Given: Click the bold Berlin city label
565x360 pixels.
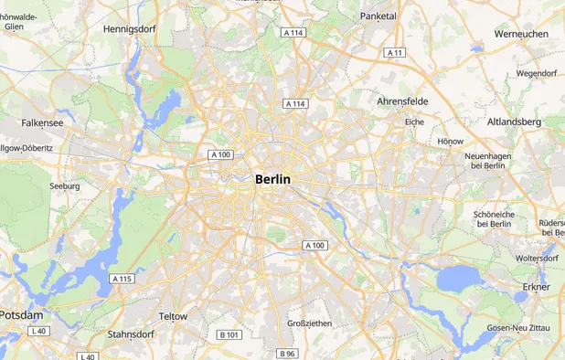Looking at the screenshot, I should pyautogui.click(x=272, y=180).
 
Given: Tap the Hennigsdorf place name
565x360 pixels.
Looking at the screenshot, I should pyautogui.click(x=129, y=29).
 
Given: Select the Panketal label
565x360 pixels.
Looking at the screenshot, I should pyautogui.click(x=378, y=16).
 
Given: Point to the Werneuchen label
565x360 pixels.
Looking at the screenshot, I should pyautogui.click(x=521, y=34).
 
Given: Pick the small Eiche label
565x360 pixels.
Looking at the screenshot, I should pyautogui.click(x=415, y=122).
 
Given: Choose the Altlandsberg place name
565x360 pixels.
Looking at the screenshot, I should pyautogui.click(x=514, y=122).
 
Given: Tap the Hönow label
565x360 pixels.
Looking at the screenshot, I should pyautogui.click(x=451, y=142).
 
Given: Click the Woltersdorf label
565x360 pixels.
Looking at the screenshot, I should pyautogui.click(x=537, y=259).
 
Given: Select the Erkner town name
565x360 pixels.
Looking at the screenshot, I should pyautogui.click(x=536, y=287).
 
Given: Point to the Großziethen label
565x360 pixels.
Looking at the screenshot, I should pyautogui.click(x=311, y=323).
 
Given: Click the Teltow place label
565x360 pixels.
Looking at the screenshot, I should pyautogui.click(x=173, y=316).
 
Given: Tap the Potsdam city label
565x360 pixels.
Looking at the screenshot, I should pyautogui.click(x=21, y=314).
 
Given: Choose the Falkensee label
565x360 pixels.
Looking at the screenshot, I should pyautogui.click(x=43, y=122).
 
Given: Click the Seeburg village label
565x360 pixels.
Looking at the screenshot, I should pyautogui.click(x=65, y=186).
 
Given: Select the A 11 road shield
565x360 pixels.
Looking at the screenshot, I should pyautogui.click(x=395, y=53).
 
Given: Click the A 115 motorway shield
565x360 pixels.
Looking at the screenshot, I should pyautogui.click(x=122, y=279).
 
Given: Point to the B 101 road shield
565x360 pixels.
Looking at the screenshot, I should pyautogui.click(x=229, y=335).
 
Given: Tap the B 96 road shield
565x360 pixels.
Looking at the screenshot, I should pyautogui.click(x=287, y=354).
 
